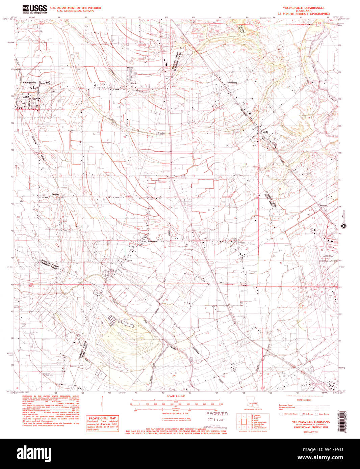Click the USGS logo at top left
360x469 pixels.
(x=35, y=9)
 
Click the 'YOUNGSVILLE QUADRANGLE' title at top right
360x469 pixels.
(x=303, y=8)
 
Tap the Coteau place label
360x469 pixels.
(x=241, y=243)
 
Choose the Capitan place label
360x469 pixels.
(x=55, y=194)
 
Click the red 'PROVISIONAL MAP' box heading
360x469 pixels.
(x=102, y=418)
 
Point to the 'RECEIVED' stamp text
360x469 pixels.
(x=217, y=414)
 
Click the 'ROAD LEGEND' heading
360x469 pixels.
(x=305, y=400)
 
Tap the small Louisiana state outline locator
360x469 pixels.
(x=252, y=405)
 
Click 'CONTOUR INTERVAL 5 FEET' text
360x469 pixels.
(x=176, y=413)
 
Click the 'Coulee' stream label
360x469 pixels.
(x=162, y=133)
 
